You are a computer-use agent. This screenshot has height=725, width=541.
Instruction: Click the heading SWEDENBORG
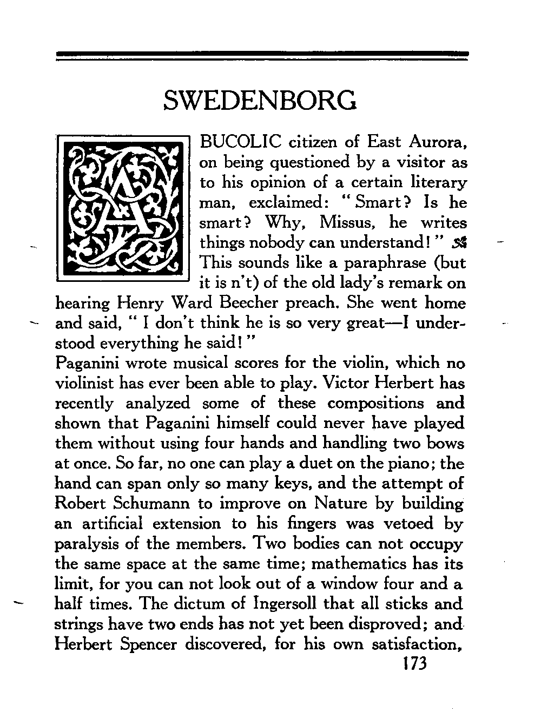[x=260, y=101]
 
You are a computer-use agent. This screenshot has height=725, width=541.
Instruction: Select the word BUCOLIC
[x=240, y=142]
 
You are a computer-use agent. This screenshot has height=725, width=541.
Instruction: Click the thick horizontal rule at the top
[x=262, y=54]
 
